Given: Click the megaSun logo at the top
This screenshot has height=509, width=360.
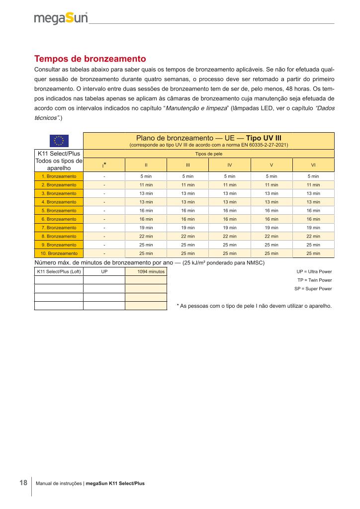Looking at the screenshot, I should pyautogui.click(x=61, y=19).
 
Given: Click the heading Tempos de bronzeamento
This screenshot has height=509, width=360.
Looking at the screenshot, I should pyautogui.click(x=90, y=58).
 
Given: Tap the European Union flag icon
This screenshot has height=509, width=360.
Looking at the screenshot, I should pyautogui.click(x=59, y=141).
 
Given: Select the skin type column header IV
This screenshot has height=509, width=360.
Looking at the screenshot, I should pyautogui.click(x=229, y=164).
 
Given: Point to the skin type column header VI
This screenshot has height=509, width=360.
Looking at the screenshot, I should pyautogui.click(x=313, y=164).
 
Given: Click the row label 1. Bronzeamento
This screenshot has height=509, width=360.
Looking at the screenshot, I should pyautogui.click(x=59, y=176).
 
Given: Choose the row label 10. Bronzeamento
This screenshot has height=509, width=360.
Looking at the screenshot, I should pyautogui.click(x=59, y=253).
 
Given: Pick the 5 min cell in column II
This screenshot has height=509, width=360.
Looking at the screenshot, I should pyautogui.click(x=146, y=176).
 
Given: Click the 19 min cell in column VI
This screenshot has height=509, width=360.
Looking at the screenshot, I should pyautogui.click(x=313, y=228).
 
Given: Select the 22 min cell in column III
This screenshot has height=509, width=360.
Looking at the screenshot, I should pyautogui.click(x=187, y=236).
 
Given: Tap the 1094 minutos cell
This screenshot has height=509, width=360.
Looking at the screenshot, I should pyautogui.click(x=146, y=272).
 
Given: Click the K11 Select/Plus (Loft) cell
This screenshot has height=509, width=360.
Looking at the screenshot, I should pyautogui.click(x=59, y=272).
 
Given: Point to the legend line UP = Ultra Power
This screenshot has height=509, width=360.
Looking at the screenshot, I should pyautogui.click(x=314, y=272).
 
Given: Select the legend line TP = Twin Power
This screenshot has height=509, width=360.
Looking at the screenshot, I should pyautogui.click(x=314, y=280).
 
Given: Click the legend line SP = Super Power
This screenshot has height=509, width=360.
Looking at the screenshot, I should pyautogui.click(x=313, y=289).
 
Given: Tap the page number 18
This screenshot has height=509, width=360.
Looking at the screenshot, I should pyautogui.click(x=23, y=483).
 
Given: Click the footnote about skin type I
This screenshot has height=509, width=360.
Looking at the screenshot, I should pyautogui.click(x=254, y=306).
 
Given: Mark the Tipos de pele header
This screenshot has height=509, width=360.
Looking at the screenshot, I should pyautogui.click(x=208, y=154).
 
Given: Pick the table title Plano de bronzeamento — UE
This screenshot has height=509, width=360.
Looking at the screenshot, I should pyautogui.click(x=208, y=138).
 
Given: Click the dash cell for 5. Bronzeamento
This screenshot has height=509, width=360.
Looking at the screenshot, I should pyautogui.click(x=104, y=211).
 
